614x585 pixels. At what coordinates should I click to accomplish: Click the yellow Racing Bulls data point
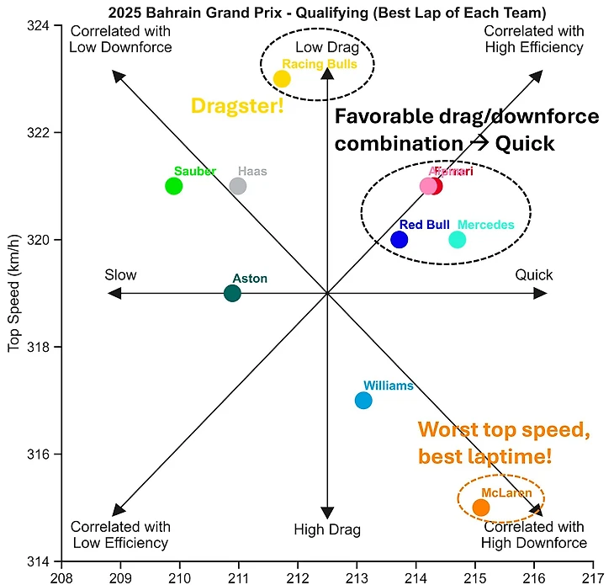282,79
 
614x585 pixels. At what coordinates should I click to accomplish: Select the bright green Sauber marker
174,186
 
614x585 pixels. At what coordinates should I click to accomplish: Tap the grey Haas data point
238,186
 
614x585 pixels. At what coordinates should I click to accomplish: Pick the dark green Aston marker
232,293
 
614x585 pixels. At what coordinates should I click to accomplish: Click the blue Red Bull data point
400,239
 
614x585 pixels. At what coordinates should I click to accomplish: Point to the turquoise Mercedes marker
457,239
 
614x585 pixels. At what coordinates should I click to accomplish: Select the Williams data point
363,400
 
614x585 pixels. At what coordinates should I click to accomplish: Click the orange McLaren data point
481,507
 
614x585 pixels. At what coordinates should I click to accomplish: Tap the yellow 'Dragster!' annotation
238,105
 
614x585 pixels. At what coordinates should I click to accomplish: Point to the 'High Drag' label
326,529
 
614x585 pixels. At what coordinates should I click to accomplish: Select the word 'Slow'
120,275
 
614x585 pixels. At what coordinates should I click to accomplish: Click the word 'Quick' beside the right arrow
534,275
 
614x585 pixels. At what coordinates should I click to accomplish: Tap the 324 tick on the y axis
39,25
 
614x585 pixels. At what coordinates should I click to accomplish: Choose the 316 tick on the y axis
39,455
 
